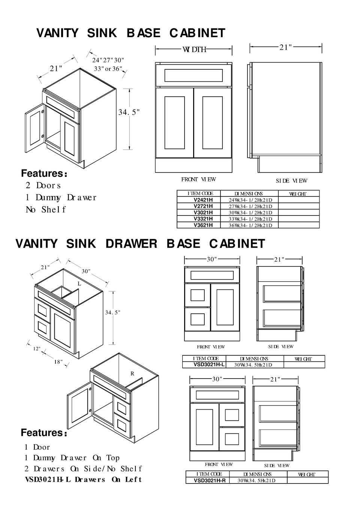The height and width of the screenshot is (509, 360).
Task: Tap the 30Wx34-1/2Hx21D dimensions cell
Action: pos(250,213)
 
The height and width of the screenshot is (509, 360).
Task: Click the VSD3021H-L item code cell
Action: pos(209,364)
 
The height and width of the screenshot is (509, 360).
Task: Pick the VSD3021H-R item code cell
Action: pos(210,480)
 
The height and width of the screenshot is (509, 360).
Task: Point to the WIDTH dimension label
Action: pos(194,49)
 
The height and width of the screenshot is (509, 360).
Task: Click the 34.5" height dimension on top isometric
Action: pos(129,112)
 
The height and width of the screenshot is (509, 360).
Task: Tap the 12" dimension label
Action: pos(37,349)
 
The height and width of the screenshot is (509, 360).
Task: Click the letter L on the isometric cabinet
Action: pos(79,284)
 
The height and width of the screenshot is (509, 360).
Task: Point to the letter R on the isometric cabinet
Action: pos(132,373)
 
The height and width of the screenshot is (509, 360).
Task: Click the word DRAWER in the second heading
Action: pos(131,244)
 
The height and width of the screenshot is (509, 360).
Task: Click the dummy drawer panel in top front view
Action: pos(193,75)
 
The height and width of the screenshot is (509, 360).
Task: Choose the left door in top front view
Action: pos(174,123)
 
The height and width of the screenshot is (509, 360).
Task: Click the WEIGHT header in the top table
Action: pos(298,194)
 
